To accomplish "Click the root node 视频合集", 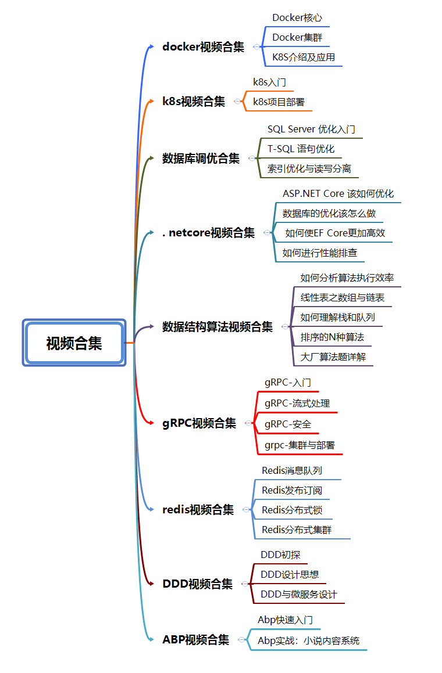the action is click(x=74, y=343).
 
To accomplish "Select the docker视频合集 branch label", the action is click(x=203, y=47).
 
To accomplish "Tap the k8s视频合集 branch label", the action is click(x=194, y=101).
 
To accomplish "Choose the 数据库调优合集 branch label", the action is click(x=201, y=159).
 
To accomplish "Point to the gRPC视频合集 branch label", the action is click(x=199, y=423).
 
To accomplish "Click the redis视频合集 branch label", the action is click(x=198, y=509).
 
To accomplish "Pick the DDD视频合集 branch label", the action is click(x=197, y=584).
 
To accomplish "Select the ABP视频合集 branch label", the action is click(x=195, y=639).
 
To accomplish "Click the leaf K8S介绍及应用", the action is click(x=304, y=57).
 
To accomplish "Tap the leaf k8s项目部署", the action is click(x=279, y=102).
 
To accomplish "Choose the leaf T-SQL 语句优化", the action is click(x=301, y=149).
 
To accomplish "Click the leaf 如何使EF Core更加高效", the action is click(x=335, y=233).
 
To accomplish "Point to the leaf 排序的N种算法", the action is click(x=332, y=337).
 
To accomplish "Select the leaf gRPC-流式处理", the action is click(x=297, y=404).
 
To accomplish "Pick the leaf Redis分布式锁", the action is click(x=292, y=510).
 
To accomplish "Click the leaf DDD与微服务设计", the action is click(x=299, y=595).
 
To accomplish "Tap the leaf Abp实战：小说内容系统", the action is click(x=308, y=641).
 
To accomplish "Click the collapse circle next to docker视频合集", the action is click(x=256, y=47).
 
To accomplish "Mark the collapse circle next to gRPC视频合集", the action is click(x=248, y=423).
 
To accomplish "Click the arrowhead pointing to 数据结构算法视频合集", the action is click(x=151, y=326).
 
